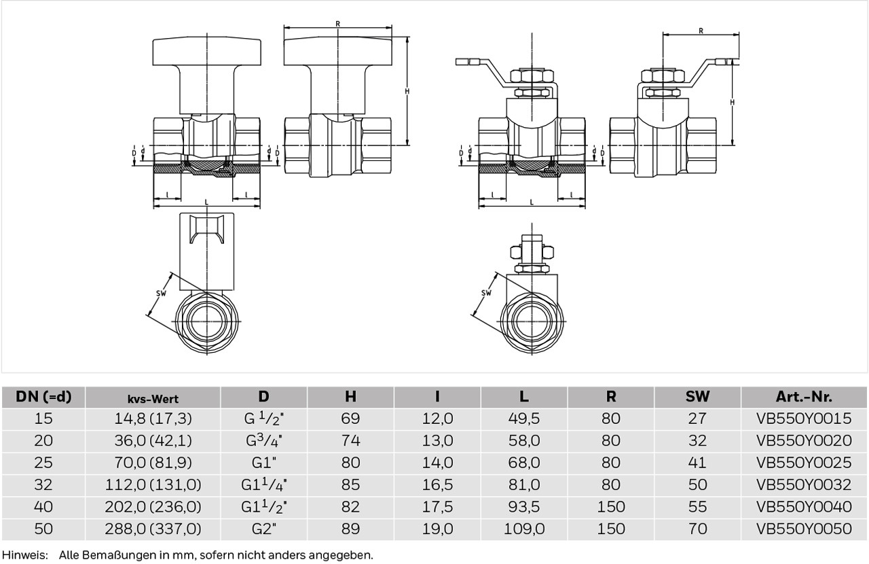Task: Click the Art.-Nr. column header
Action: (x=804, y=397)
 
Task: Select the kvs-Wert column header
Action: (x=153, y=398)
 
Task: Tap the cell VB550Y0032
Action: (x=804, y=484)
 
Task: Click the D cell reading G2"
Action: (x=264, y=529)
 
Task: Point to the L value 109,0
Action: (x=523, y=529)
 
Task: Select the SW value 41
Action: (x=697, y=463)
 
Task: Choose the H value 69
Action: (x=350, y=419)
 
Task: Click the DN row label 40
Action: (x=43, y=507)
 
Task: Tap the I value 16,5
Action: (x=437, y=484)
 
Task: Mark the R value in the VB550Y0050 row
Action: (x=610, y=529)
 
